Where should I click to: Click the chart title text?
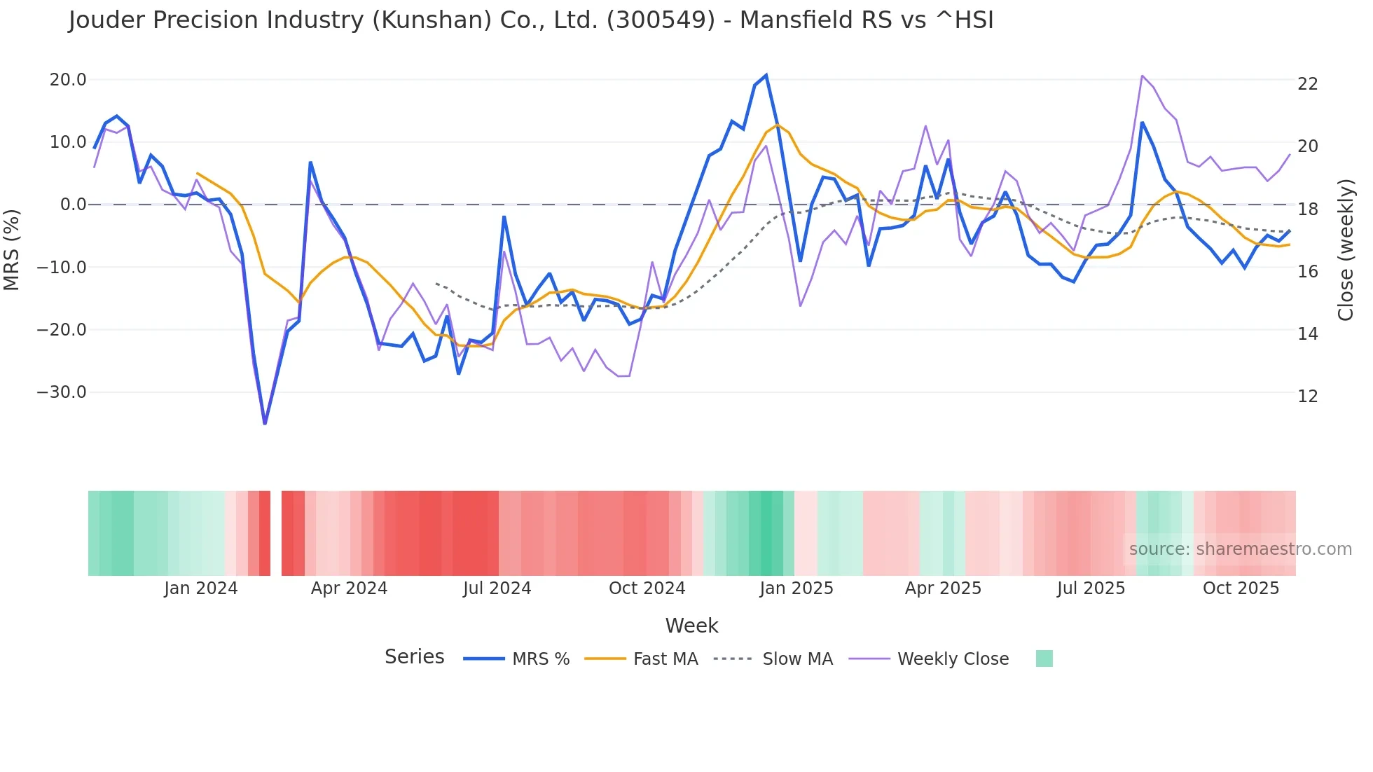tap(530, 20)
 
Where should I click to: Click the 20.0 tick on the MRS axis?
tap(68, 80)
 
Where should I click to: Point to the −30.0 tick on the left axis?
tap(62, 392)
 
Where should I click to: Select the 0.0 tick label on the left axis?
tap(74, 205)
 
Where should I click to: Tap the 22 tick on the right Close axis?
tap(1307, 84)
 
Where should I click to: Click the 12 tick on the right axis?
tap(1307, 397)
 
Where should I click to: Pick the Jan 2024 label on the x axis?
tap(201, 588)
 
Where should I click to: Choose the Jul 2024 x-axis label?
tap(497, 588)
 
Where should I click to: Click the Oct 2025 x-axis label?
tap(1241, 588)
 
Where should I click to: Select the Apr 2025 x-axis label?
tap(943, 588)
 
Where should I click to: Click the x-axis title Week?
tap(691, 626)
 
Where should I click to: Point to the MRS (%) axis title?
tap(12, 249)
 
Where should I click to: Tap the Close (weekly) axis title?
tap(1345, 249)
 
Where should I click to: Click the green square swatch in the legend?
tap(1044, 659)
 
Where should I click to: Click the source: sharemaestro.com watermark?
tap(1240, 549)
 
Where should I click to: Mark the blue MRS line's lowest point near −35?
tap(265, 423)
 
